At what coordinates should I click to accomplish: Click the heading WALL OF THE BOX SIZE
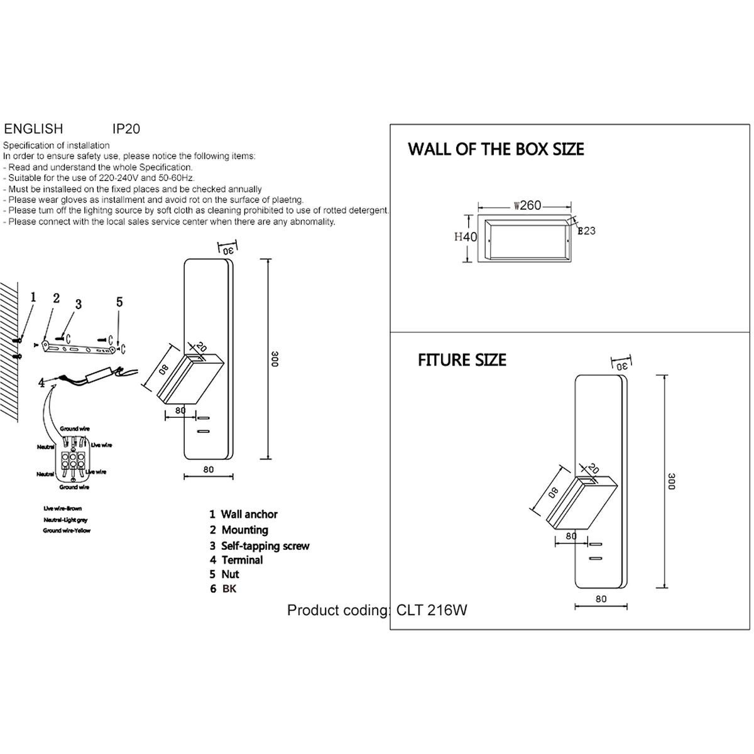pyautogui.click(x=496, y=150)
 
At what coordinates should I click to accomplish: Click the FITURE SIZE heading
pyautogui.click(x=462, y=360)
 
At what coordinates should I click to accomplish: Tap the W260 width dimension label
pyautogui.click(x=527, y=205)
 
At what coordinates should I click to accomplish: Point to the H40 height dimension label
pyautogui.click(x=466, y=237)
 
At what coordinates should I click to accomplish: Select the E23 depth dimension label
pyautogui.click(x=586, y=231)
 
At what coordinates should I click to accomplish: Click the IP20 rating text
pyautogui.click(x=126, y=129)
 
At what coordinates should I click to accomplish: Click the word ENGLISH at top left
pyautogui.click(x=34, y=129)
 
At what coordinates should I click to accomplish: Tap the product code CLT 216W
pyautogui.click(x=432, y=610)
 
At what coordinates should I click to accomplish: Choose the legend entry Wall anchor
pyautogui.click(x=249, y=514)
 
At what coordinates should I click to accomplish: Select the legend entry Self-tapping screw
pyautogui.click(x=265, y=546)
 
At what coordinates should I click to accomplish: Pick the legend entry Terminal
pyautogui.click(x=242, y=560)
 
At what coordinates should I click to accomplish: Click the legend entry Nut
pyautogui.click(x=230, y=574)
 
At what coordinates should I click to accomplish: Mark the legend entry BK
pyautogui.click(x=229, y=589)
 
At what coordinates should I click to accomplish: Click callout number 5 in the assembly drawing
pyautogui.click(x=119, y=302)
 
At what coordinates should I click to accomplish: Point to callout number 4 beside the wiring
pyautogui.click(x=41, y=382)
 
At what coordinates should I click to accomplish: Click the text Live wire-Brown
pyautogui.click(x=62, y=508)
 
